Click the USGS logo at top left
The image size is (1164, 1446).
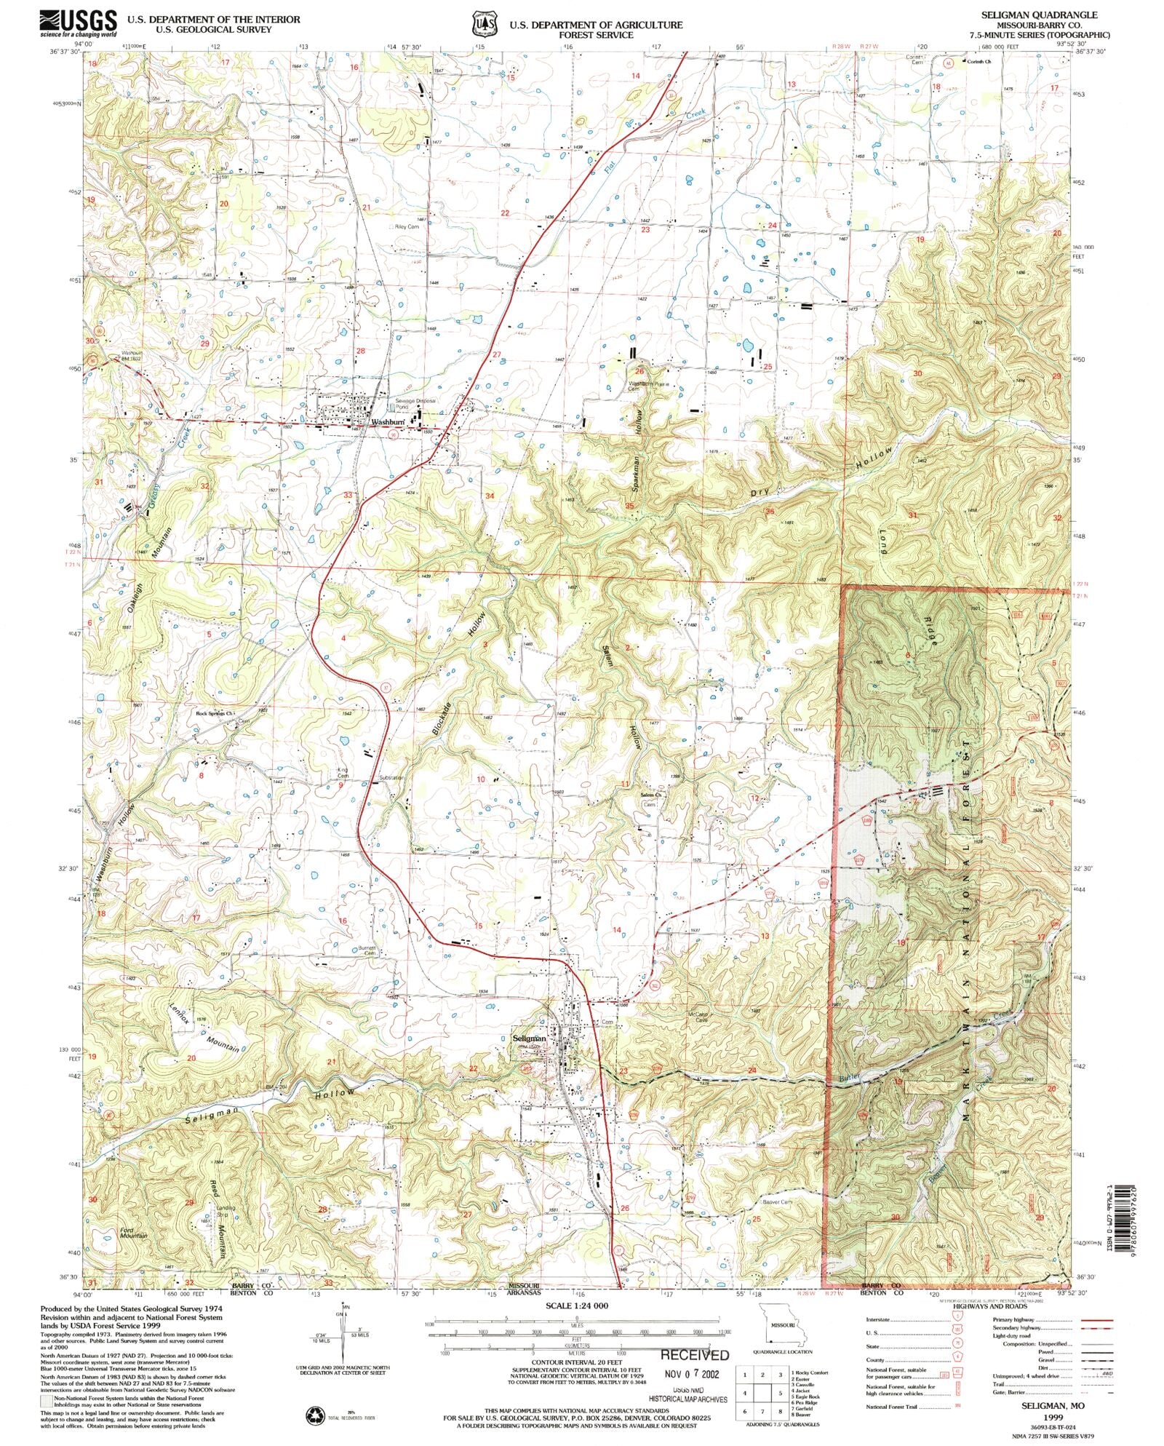click(x=78, y=23)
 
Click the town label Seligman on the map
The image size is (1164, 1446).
click(x=529, y=1038)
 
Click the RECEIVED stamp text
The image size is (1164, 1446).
click(x=694, y=1355)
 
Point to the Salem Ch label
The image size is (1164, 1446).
click(x=650, y=795)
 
